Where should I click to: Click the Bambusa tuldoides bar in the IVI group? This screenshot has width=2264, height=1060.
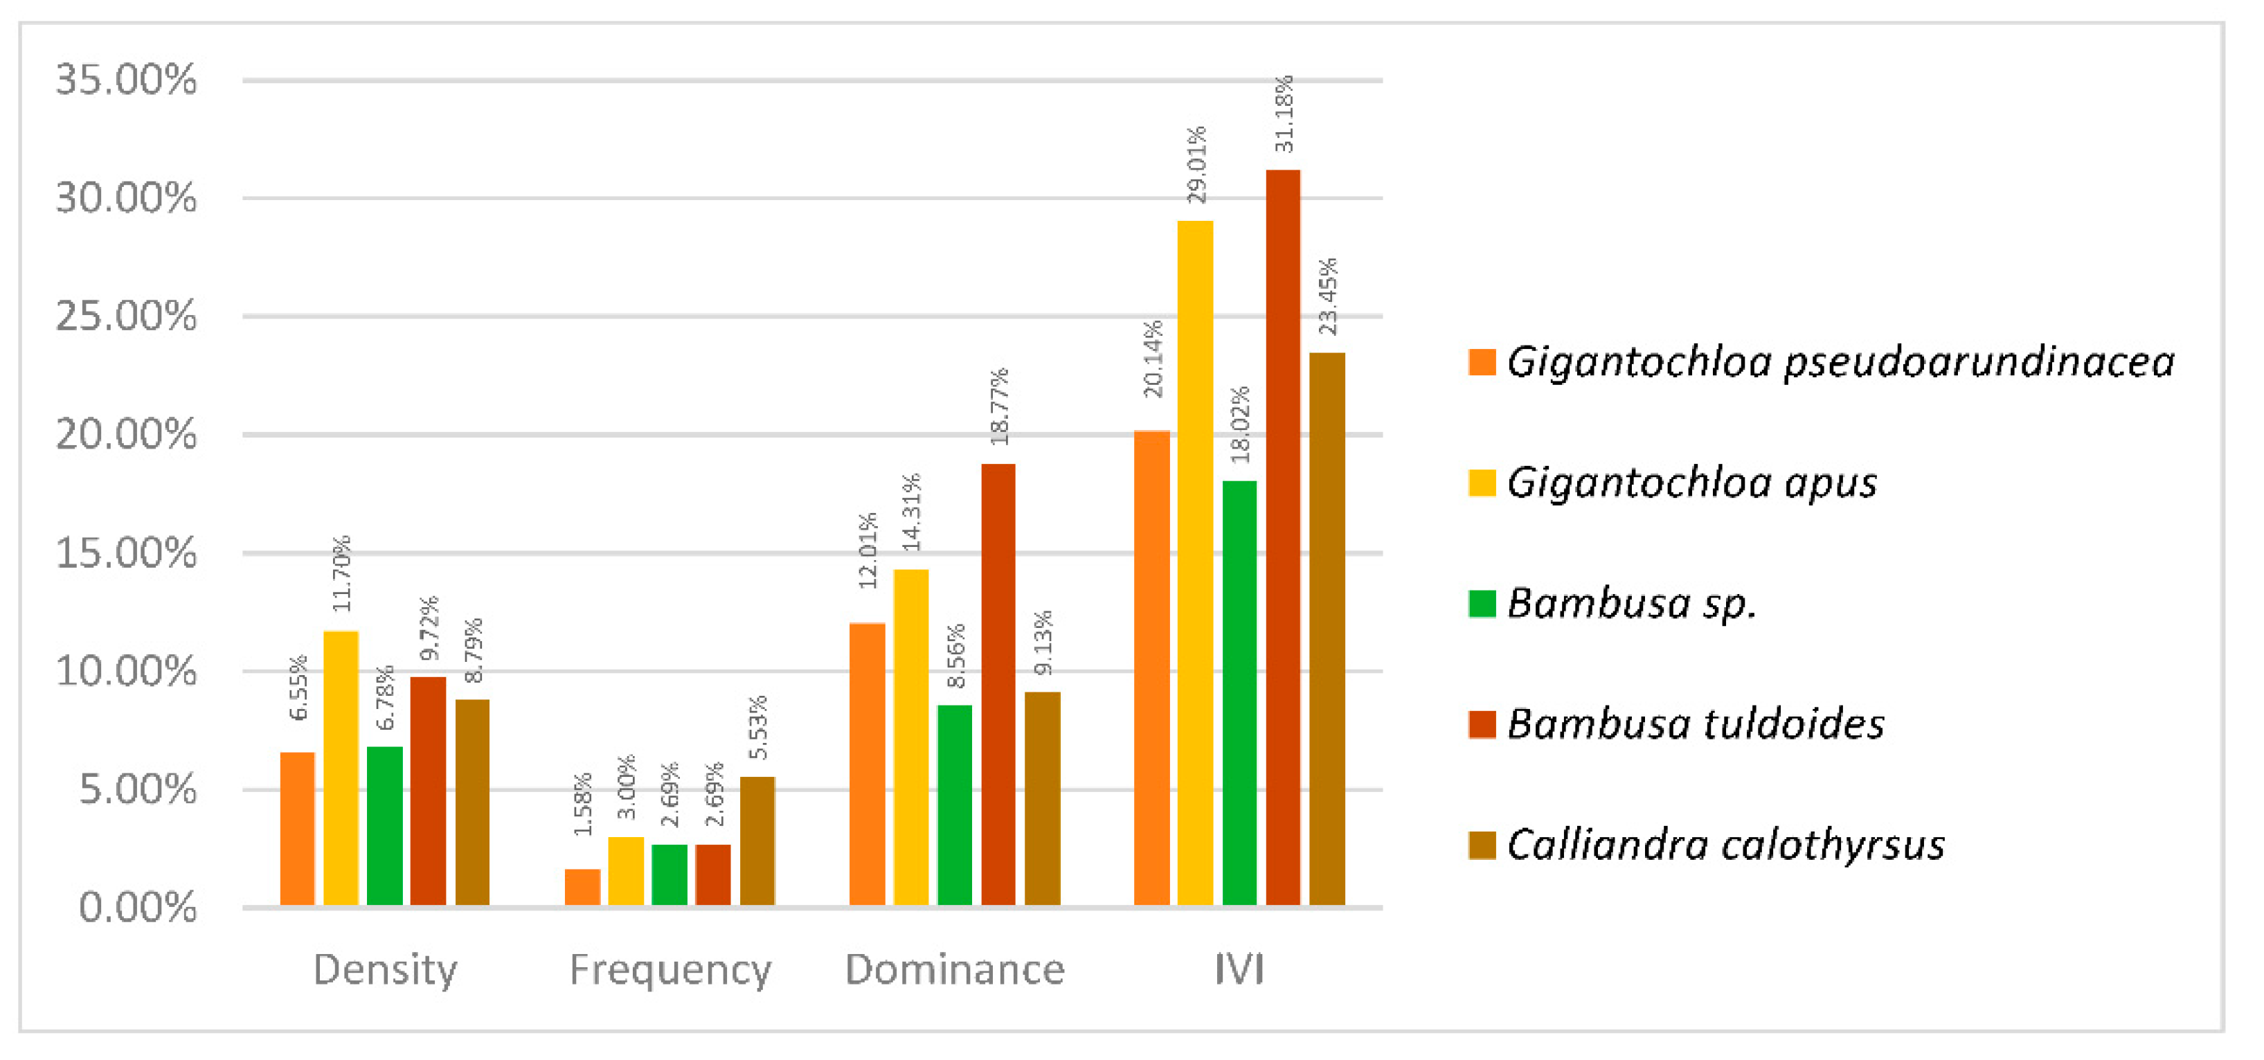click(1282, 536)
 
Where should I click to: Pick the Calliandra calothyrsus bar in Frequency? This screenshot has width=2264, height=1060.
click(757, 839)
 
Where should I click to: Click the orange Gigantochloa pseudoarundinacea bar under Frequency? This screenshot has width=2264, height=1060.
click(582, 886)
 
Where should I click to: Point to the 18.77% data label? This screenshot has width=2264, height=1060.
click(999, 406)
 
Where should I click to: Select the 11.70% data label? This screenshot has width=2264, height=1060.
click(341, 573)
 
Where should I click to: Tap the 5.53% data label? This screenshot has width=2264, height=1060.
click(757, 727)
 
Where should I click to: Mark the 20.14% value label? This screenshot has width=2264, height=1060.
click(1152, 358)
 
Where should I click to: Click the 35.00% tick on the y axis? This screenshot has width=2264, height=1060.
click(127, 80)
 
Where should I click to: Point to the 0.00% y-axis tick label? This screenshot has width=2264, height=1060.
click(138, 907)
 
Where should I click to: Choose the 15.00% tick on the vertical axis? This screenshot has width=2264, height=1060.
click(127, 553)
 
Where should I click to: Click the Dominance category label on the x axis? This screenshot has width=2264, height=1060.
click(955, 969)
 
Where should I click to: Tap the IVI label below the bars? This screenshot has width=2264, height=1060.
click(1239, 969)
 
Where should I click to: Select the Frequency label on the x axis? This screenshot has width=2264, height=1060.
click(670, 969)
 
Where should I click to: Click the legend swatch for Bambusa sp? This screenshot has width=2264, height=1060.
click(1482, 604)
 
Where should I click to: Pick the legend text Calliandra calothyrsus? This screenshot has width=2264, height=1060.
click(1725, 845)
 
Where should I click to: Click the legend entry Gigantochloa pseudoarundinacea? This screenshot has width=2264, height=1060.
click(1840, 362)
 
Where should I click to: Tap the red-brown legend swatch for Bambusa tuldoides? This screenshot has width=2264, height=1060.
click(1482, 724)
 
